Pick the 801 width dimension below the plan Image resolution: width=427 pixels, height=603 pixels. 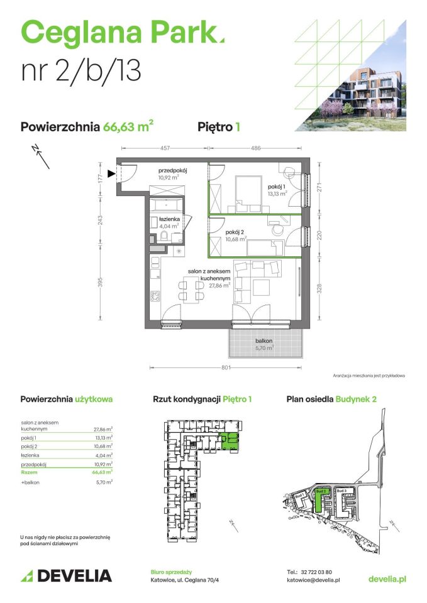click(x=227, y=367)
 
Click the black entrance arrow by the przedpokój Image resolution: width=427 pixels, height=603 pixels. click(x=111, y=173)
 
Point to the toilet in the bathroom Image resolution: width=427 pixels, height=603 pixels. click(x=163, y=236)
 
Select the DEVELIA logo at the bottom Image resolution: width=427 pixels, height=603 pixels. click(x=66, y=575)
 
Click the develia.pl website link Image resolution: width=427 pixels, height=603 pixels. click(x=387, y=579)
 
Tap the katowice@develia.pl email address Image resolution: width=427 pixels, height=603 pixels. click(x=313, y=581)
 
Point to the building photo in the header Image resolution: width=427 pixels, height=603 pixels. click(x=371, y=97)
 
